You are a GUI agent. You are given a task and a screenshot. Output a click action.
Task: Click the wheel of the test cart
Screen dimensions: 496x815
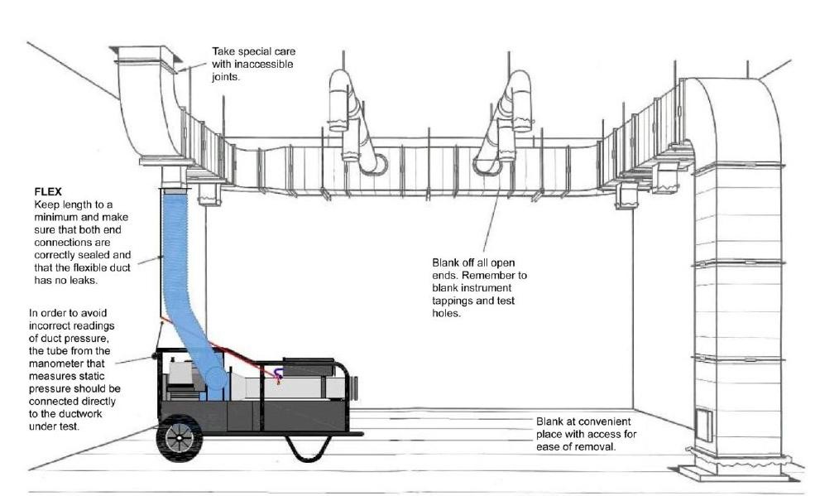[x=179, y=437]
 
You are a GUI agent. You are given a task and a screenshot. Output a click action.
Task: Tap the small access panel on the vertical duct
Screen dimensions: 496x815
[x=702, y=422]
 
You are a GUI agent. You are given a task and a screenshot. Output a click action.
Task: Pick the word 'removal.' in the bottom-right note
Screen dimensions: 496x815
[x=599, y=447]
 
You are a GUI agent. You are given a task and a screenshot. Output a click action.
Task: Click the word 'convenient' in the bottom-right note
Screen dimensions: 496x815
[x=601, y=421]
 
